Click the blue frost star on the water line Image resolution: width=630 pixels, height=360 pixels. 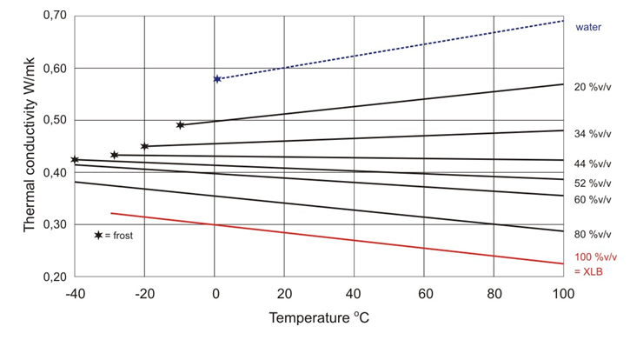click(217, 79)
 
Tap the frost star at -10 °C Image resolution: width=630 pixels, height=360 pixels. click(180, 125)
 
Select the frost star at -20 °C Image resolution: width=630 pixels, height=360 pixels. click(144, 146)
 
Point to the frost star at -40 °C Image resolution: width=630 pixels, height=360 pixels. click(75, 160)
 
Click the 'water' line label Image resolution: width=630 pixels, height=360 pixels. click(589, 27)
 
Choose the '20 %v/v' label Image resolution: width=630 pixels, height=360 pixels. click(593, 87)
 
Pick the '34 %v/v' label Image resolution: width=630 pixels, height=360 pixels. click(593, 134)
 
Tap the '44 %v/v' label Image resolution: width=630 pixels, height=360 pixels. click(593, 163)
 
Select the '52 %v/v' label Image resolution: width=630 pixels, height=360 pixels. click(593, 183)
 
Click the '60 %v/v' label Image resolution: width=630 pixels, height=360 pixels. click(593, 200)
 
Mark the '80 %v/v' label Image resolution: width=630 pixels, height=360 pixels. click(593, 235)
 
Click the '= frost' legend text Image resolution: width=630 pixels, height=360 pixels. click(120, 236)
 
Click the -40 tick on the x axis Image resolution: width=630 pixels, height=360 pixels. click(75, 294)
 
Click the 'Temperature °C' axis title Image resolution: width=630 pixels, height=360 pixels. click(318, 318)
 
